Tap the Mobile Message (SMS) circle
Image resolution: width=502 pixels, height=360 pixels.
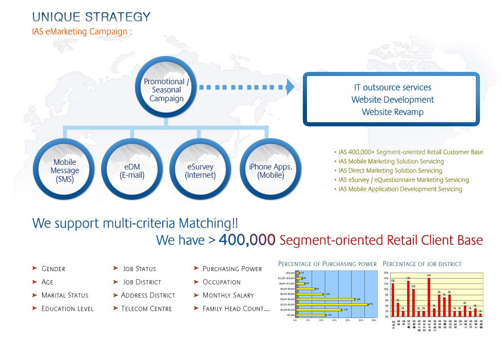[x=65, y=170]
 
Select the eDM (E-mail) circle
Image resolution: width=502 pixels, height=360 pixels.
[x=132, y=170]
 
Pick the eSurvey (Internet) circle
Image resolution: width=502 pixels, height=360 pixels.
[x=200, y=170]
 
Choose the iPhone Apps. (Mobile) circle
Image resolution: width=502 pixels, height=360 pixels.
[x=270, y=170]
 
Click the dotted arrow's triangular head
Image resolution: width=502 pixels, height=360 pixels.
[x=291, y=87]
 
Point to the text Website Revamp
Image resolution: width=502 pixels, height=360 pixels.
[x=393, y=112]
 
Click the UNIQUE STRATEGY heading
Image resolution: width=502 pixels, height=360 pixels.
[x=91, y=17]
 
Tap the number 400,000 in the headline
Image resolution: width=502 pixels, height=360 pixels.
[x=247, y=240]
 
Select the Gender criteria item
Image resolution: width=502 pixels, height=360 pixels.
[x=53, y=269]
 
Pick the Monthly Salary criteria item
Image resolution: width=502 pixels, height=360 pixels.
[x=228, y=295]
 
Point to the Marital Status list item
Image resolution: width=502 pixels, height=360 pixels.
[x=65, y=295]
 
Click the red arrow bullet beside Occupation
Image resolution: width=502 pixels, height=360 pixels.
[x=197, y=282]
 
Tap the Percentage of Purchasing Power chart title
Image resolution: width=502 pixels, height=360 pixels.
[x=327, y=264]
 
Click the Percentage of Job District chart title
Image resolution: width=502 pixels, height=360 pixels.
[x=422, y=264]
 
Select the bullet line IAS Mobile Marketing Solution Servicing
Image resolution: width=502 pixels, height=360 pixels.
[x=391, y=161]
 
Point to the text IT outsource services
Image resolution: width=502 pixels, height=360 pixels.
[x=393, y=87]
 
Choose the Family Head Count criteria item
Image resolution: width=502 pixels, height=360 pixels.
[x=236, y=309]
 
